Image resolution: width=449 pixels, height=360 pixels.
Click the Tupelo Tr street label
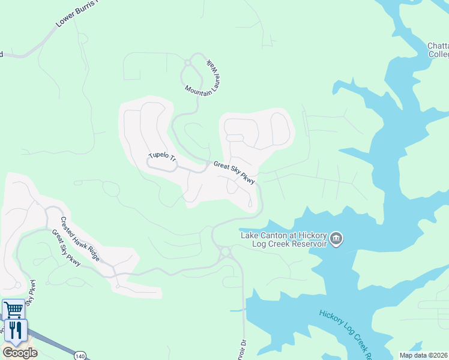coord(161,157)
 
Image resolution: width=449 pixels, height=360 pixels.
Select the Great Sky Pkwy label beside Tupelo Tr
coord(234,172)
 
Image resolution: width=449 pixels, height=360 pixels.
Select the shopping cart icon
coord(13,310)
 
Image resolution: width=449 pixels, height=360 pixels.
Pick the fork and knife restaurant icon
coord(16,331)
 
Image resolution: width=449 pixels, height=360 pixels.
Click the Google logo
coord(20,352)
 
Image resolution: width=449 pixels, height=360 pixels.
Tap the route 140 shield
coord(80,356)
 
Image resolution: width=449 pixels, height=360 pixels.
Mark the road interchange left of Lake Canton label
coord(227,253)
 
